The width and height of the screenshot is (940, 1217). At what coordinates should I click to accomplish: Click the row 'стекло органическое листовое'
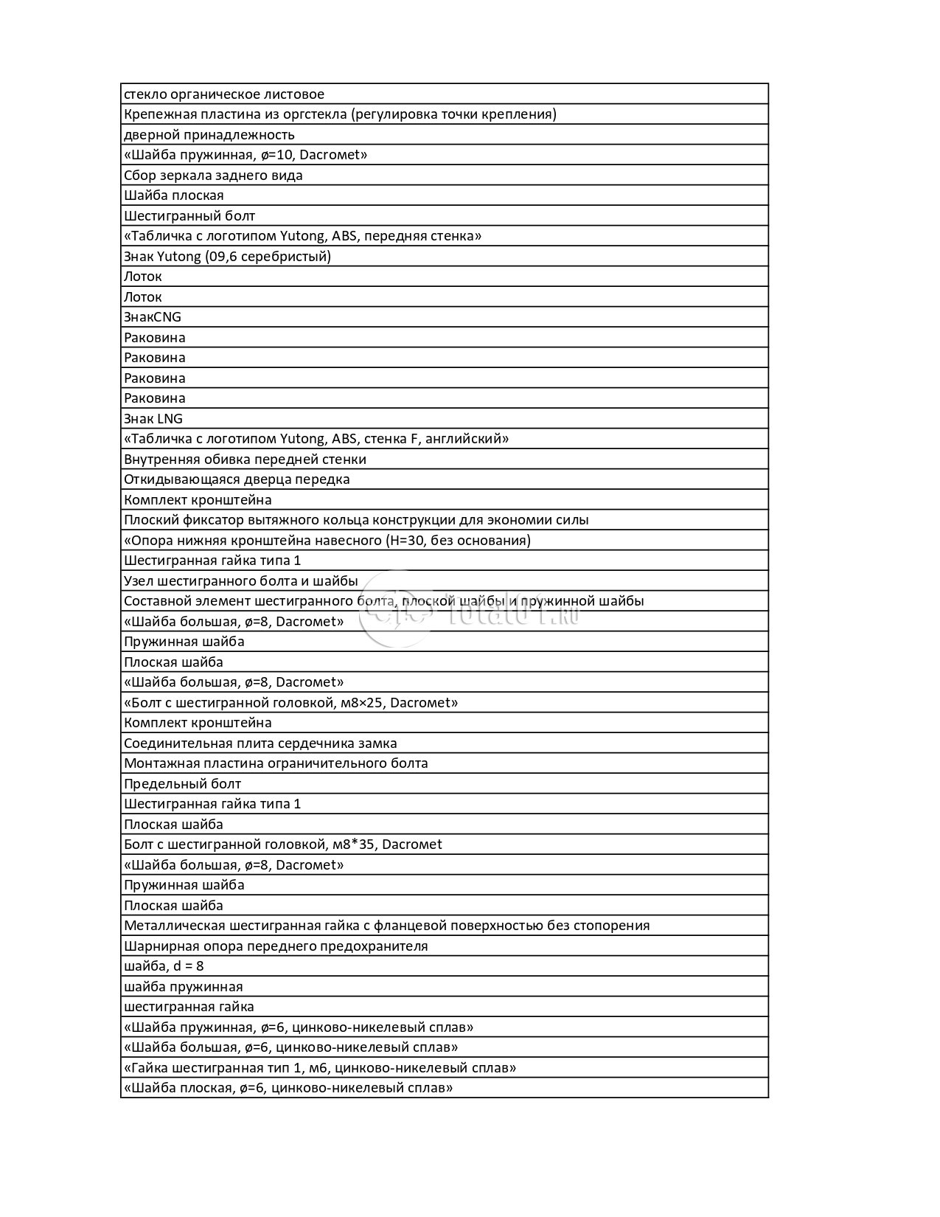[224, 94]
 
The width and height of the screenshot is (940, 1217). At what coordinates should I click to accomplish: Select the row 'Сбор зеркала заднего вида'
[213, 176]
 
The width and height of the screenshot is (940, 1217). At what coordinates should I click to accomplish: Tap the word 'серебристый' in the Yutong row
[289, 257]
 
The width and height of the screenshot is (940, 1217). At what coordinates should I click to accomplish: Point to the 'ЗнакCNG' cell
[153, 317]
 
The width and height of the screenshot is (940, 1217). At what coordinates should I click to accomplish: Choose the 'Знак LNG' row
[153, 419]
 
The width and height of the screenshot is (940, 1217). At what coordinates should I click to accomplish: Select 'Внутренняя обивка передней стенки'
[245, 460]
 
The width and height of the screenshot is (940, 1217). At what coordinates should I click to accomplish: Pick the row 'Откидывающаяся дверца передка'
[237, 479]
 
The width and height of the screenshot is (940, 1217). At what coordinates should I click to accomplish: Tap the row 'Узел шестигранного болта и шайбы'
[240, 581]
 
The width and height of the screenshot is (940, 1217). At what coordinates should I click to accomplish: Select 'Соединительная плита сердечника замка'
[260, 743]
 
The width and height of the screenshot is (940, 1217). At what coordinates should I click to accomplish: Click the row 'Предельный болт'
[182, 784]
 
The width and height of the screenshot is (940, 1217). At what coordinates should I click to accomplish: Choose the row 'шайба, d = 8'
[164, 966]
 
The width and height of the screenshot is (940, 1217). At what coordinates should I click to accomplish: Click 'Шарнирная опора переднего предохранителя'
[276, 946]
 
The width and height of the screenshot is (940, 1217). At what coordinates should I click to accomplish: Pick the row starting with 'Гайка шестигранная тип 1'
[320, 1068]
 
